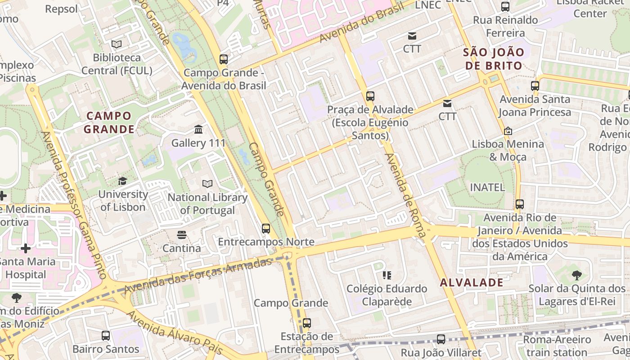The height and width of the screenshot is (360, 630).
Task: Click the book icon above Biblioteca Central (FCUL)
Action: point(117,44)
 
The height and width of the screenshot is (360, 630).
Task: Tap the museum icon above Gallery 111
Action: point(198,130)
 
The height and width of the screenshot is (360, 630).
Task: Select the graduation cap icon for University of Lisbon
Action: point(122,181)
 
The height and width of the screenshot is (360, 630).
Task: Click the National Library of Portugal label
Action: point(207,204)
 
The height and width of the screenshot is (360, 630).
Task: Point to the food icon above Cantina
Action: point(181,234)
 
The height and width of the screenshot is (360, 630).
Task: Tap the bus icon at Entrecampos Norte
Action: point(266,229)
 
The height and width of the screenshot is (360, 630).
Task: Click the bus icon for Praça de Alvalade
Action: point(370,96)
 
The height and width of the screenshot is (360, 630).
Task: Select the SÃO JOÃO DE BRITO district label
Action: point(494,59)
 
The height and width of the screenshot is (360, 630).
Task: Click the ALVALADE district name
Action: point(472,283)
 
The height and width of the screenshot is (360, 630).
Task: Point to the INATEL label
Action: point(487,187)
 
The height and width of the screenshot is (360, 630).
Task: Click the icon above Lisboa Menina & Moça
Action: point(508,131)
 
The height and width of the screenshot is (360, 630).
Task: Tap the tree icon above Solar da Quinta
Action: point(577,275)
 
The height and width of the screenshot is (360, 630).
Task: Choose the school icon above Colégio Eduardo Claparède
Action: point(387,275)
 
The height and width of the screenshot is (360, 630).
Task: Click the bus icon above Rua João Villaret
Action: point(441,339)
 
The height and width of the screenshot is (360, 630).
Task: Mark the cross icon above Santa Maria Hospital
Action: point(26,248)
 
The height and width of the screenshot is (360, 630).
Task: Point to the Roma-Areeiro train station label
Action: point(557,346)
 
